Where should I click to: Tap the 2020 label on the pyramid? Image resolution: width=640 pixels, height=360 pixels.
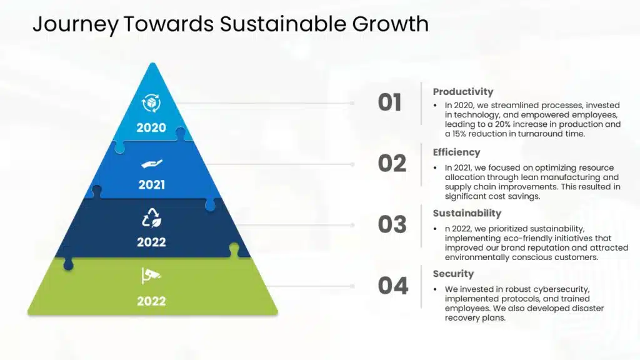[151, 127]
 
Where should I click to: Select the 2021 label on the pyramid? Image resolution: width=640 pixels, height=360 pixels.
[151, 185]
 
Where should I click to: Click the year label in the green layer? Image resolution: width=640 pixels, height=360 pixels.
[151, 301]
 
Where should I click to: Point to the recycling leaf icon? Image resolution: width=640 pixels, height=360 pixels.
[151, 217]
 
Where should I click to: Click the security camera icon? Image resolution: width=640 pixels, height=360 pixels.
[151, 276]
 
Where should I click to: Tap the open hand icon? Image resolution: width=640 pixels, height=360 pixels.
[151, 164]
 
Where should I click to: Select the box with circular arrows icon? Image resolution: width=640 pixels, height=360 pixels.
[151, 103]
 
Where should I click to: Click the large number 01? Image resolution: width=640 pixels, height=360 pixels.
[390, 102]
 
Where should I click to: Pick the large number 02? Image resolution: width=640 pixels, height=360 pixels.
[392, 164]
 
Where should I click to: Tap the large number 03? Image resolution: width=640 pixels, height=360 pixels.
[392, 224]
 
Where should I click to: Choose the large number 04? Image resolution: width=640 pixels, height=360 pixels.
[393, 286]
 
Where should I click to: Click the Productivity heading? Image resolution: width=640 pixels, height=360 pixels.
[463, 92]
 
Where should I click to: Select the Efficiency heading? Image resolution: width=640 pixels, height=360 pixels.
[456, 152]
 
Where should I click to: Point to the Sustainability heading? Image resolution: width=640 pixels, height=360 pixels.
[467, 214]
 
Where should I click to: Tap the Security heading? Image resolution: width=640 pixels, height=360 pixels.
[453, 274]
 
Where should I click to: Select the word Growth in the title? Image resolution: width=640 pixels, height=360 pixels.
[391, 24]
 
